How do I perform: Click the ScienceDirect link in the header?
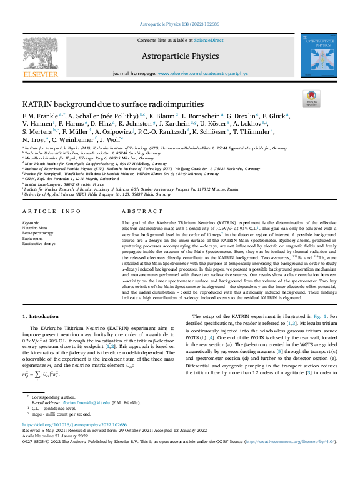tap(209, 40)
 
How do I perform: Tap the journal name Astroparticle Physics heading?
tap(179, 56)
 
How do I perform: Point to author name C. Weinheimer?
tap(74, 140)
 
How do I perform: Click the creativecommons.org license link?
tap(288, 442)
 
